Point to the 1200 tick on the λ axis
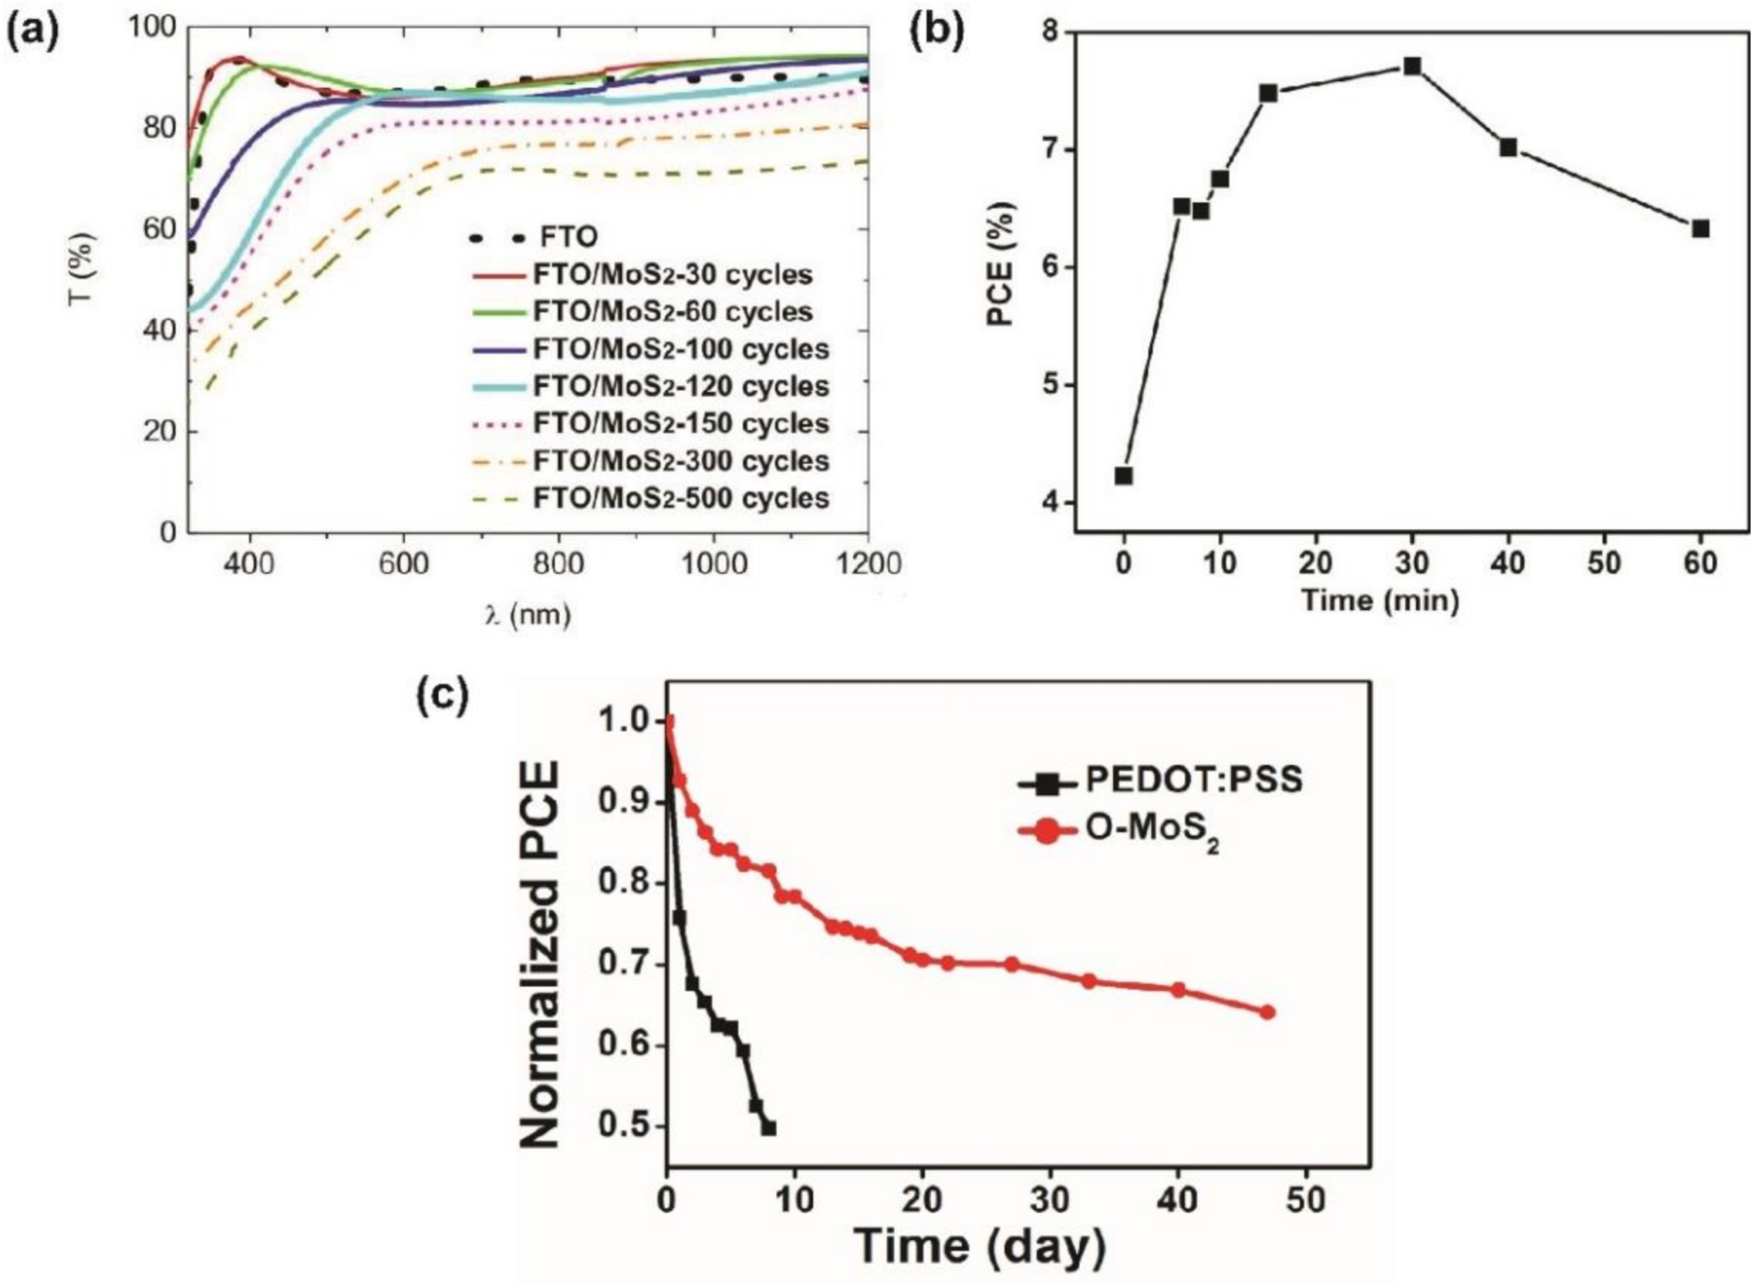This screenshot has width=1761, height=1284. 867,563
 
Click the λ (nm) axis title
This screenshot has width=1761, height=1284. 528,614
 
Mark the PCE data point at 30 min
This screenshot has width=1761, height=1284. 1413,67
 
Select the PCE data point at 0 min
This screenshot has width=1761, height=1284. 1123,476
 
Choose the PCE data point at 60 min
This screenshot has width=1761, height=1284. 1701,229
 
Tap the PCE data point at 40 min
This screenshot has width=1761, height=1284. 1509,148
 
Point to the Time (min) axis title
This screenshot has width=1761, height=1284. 1380,602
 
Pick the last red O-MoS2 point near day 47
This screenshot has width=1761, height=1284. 1267,1012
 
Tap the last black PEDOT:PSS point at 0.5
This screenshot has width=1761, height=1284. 769,1128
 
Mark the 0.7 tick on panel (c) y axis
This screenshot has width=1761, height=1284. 627,964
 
